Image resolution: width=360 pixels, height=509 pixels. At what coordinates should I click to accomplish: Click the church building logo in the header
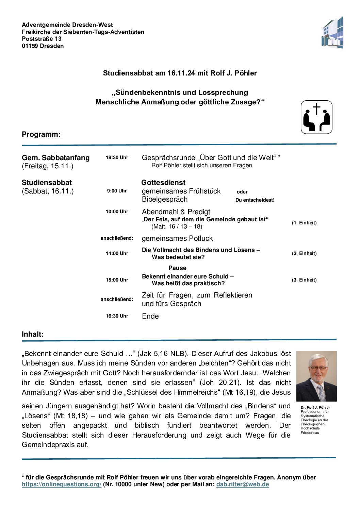[x=332, y=33]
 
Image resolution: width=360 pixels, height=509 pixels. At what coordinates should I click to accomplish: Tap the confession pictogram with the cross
[x=316, y=117]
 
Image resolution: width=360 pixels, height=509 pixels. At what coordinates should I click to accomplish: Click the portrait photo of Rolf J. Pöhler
[x=316, y=376]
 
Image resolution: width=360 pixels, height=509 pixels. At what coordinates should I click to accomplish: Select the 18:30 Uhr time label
[x=117, y=157]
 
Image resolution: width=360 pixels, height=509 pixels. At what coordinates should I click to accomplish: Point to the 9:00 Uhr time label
[x=117, y=191]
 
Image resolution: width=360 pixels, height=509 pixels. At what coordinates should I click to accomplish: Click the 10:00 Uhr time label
[x=117, y=211]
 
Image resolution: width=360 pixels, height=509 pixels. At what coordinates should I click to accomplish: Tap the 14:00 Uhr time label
[x=117, y=253]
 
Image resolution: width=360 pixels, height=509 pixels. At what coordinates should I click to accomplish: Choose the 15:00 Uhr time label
[x=117, y=280]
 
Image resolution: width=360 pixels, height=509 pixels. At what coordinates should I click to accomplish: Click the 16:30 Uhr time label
[x=117, y=316]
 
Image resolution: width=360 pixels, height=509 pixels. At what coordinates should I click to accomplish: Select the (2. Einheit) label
[x=304, y=253]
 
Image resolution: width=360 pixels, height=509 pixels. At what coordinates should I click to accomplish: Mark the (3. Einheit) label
[x=304, y=280]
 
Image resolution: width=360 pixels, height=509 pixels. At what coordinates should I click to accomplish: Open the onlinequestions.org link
[x=62, y=484]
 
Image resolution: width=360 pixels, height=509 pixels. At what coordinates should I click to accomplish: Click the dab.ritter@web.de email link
[x=243, y=484]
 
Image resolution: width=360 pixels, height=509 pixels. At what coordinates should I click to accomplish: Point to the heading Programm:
[x=41, y=134]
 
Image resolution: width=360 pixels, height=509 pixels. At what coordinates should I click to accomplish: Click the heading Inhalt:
[x=33, y=334]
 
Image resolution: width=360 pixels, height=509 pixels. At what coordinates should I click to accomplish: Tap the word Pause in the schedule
[x=177, y=268]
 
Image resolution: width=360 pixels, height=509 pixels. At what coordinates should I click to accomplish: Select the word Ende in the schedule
[x=150, y=316]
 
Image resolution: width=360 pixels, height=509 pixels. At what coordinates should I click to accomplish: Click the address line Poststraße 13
[x=42, y=39]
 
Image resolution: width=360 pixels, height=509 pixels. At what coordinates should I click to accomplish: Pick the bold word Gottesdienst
[x=163, y=183]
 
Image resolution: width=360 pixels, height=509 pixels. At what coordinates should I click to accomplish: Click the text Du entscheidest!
[x=255, y=200]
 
